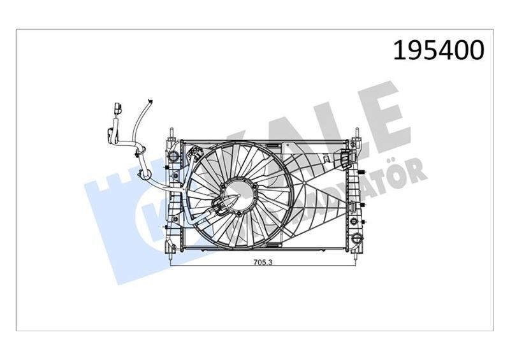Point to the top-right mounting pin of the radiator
coord(358,133)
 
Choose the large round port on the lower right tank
coord(353,224)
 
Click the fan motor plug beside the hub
coord(220,205)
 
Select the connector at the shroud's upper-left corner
coord(194,152)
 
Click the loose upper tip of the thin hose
coord(150,101)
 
